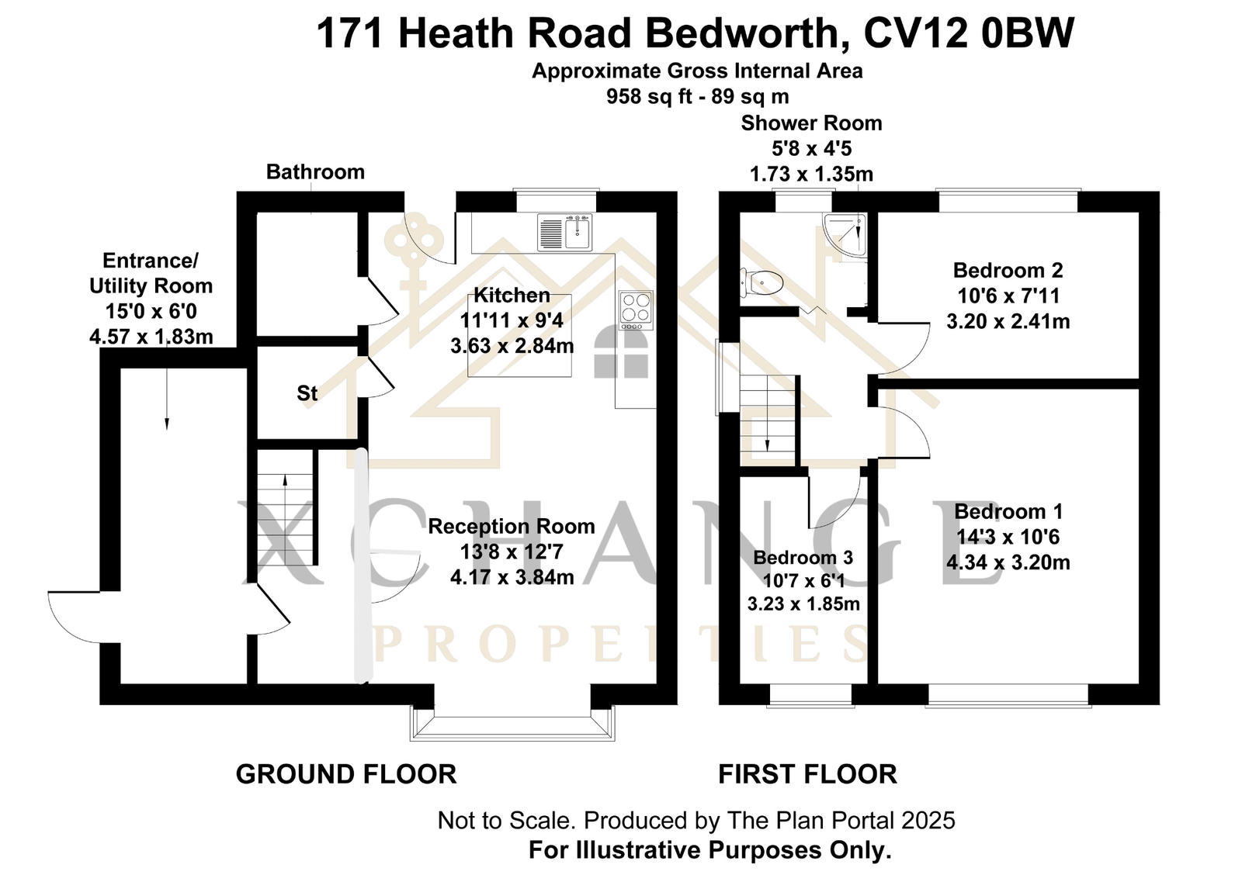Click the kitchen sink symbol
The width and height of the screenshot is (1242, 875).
pyautogui.click(x=564, y=232)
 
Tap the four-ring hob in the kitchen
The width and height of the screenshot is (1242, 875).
pyautogui.click(x=636, y=310)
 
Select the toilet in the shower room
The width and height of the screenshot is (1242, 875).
pyautogui.click(x=762, y=282)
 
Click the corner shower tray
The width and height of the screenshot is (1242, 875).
pyautogui.click(x=845, y=235)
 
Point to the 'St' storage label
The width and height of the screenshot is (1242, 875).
pyautogui.click(x=307, y=393)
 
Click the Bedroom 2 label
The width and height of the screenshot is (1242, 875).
pyautogui.click(x=1008, y=271)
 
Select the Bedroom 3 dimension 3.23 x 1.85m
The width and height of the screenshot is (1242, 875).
pyautogui.click(x=803, y=604)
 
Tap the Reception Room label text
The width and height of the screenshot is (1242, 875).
pyautogui.click(x=512, y=526)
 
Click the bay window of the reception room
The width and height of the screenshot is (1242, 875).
pyautogui.click(x=512, y=723)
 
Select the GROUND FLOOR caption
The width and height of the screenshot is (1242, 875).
pyautogui.click(x=346, y=774)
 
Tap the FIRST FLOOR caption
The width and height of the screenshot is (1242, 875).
pyautogui.click(x=807, y=774)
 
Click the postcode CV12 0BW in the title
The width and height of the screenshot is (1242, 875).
pyautogui.click(x=969, y=33)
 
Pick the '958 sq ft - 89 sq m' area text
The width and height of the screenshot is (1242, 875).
pyautogui.click(x=697, y=96)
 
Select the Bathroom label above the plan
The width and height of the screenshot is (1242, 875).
pyautogui.click(x=315, y=171)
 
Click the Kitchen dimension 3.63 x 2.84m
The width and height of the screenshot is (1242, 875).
pyautogui.click(x=512, y=346)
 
